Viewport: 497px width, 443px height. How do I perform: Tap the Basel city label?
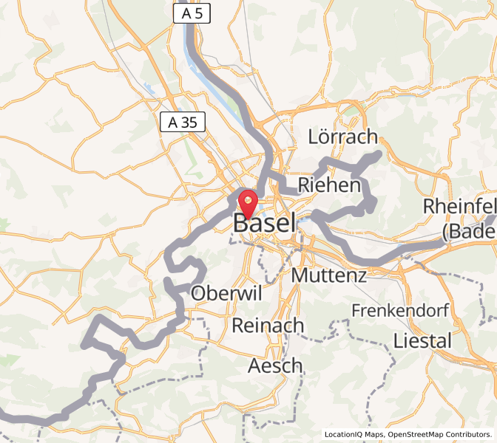(265, 222)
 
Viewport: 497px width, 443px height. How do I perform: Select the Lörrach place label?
(342, 137)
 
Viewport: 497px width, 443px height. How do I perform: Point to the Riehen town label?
(328, 185)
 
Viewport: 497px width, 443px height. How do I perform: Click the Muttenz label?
(330, 276)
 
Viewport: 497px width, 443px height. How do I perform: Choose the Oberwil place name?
(227, 293)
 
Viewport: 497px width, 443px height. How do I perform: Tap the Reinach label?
(268, 325)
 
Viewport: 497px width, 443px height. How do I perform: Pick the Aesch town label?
(275, 365)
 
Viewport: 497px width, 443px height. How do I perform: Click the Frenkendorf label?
(400, 310)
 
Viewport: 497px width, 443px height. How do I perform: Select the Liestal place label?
(422, 341)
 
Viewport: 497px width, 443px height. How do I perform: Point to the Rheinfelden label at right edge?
(460, 206)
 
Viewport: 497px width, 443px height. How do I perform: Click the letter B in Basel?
(241, 222)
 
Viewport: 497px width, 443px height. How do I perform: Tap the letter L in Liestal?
(399, 341)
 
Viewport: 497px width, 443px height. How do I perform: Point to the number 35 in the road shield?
(189, 123)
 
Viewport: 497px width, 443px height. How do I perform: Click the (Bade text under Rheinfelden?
(469, 231)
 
